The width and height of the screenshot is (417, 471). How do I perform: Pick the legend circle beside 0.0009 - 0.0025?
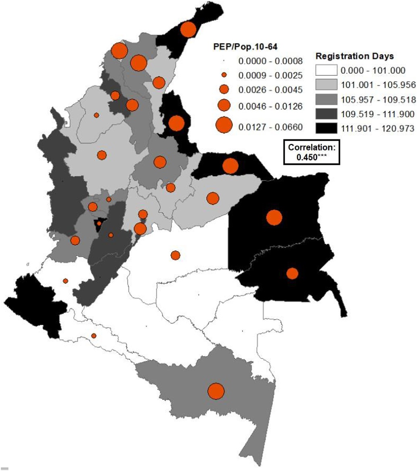pyautogui.click(x=225, y=75)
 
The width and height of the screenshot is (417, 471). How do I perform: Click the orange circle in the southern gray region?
pyautogui.click(x=216, y=391)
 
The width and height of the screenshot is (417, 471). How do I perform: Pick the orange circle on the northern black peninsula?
pyautogui.click(x=188, y=29)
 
